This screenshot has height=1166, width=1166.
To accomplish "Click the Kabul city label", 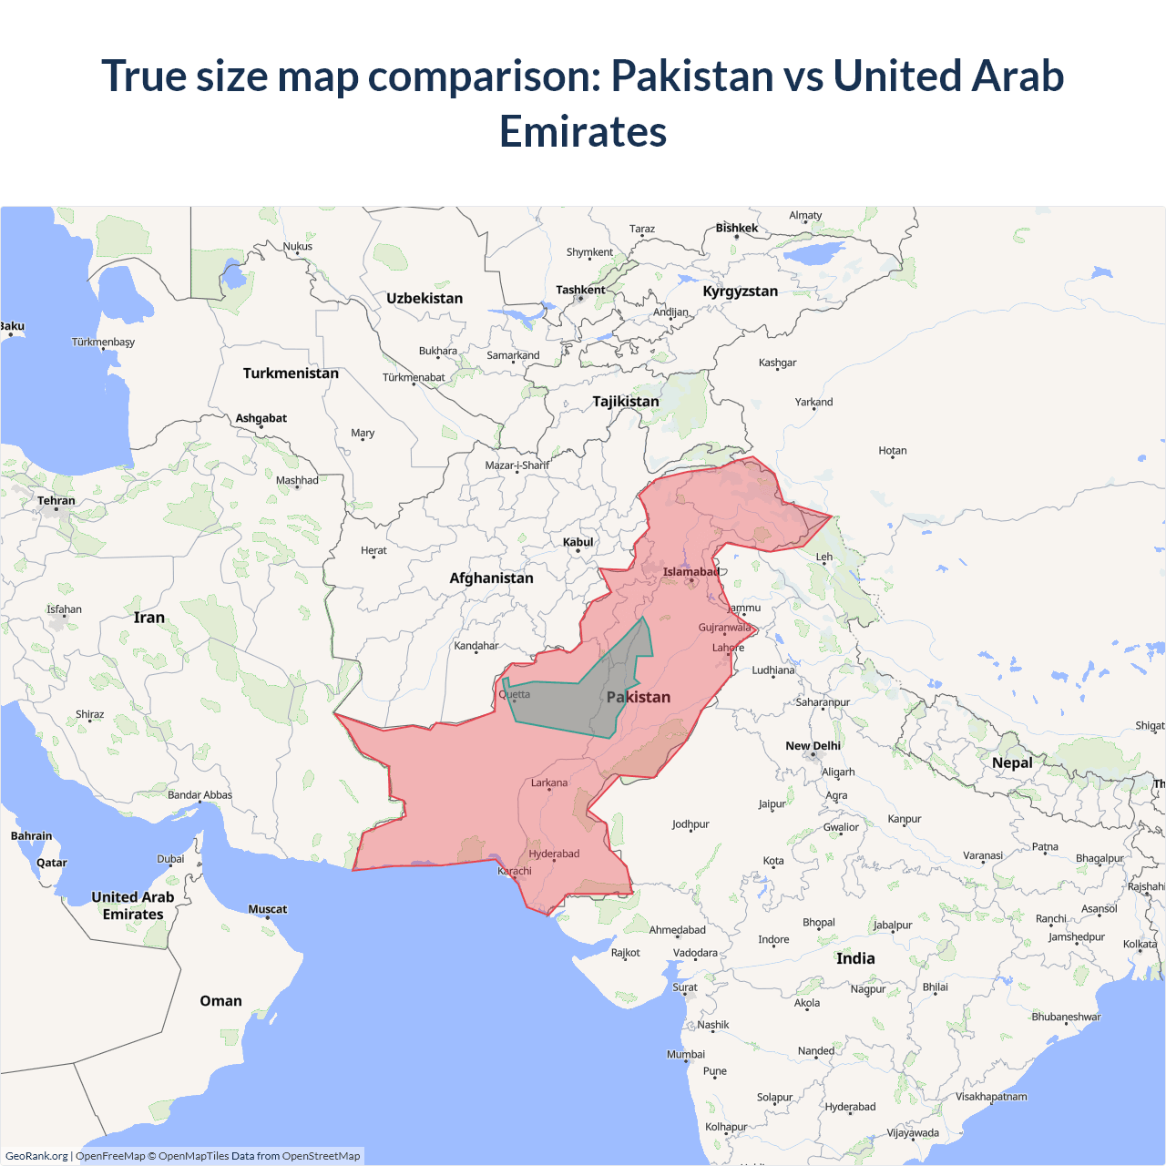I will click(578, 542).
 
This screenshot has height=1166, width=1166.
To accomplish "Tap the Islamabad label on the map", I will click(690, 572).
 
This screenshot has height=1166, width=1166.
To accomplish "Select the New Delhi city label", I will click(813, 746).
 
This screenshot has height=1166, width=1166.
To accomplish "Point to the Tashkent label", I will click(580, 290).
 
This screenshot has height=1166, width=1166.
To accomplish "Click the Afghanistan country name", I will click(491, 578).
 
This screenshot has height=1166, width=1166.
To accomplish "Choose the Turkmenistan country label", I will click(291, 373).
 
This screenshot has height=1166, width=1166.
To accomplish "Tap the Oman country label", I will click(220, 1000).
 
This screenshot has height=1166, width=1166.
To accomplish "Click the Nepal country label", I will click(1012, 762).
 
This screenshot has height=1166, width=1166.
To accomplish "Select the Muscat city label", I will click(267, 909).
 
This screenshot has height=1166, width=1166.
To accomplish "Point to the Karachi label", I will click(515, 871).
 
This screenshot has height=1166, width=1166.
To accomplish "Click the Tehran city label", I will click(56, 501).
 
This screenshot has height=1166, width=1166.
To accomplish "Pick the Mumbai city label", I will click(685, 1054).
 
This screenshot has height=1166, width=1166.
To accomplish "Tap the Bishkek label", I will click(736, 228).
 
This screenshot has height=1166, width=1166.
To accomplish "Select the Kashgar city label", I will click(777, 363).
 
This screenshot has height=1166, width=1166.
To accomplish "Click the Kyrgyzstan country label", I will click(740, 291).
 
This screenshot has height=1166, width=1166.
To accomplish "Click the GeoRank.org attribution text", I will click(36, 1156).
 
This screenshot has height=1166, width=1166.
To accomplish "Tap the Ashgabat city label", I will click(261, 418).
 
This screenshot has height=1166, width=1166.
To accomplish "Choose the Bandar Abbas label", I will click(199, 795).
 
